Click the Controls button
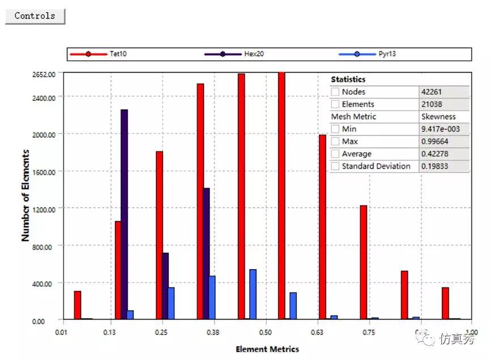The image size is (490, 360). tap(35, 16)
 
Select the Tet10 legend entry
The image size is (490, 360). tap(118, 54)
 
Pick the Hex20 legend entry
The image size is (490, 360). tap(254, 54)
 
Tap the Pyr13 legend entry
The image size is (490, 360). tap(387, 54)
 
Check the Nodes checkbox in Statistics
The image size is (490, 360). tap(335, 92)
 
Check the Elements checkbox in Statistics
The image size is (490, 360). tap(335, 104)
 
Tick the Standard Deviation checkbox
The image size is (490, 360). tap(335, 166)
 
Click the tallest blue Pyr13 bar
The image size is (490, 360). tap(253, 294)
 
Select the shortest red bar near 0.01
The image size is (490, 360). tap(78, 306)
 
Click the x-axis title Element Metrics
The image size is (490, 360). tap(267, 349)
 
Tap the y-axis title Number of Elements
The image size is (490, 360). tap(25, 196)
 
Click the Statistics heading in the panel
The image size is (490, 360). tap(348, 79)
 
